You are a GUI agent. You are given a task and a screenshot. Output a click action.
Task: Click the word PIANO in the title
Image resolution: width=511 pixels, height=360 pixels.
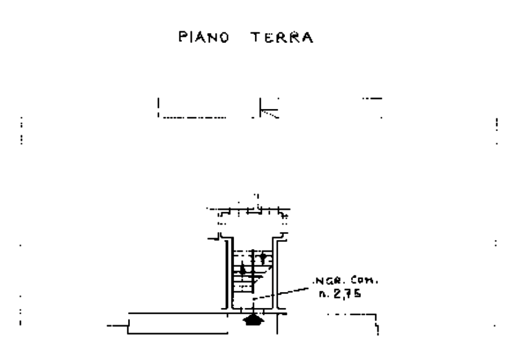[x=204, y=37]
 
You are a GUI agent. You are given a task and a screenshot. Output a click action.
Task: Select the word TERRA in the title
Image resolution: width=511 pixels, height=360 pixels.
[x=282, y=37]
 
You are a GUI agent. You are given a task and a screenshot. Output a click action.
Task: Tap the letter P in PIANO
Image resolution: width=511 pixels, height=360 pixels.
[x=182, y=37]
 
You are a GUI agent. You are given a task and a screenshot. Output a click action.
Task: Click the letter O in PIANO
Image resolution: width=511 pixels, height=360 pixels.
[x=224, y=37]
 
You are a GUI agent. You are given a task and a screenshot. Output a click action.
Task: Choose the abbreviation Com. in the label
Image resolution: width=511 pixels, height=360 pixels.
[x=365, y=282]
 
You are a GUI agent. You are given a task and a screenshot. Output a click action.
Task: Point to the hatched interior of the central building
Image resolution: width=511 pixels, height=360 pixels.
[x=252, y=269]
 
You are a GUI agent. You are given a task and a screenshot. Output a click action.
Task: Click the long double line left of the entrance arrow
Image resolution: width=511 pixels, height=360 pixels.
[x=178, y=314]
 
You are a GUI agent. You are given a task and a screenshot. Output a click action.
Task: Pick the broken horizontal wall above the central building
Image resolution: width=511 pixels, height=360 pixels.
[x=249, y=212]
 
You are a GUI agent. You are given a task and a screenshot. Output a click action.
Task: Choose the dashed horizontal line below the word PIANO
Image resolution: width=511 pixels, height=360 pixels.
[x=194, y=117]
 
